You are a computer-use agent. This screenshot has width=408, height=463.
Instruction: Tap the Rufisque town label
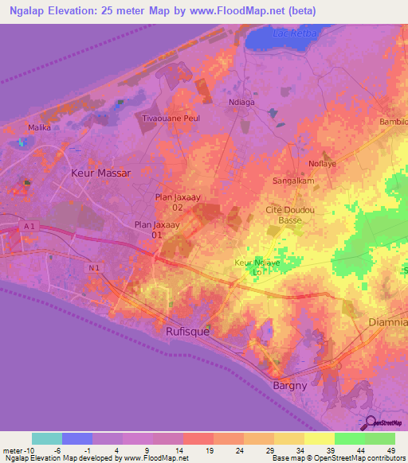click(188, 332)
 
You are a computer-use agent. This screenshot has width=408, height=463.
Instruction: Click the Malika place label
click(39, 127)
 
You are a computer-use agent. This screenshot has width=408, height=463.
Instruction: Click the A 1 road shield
click(29, 227)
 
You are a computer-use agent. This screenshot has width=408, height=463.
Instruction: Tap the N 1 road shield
click(95, 267)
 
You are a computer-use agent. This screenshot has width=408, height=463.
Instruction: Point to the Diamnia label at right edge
click(389, 322)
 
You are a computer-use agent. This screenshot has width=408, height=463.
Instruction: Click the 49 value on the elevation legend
click(390, 450)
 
